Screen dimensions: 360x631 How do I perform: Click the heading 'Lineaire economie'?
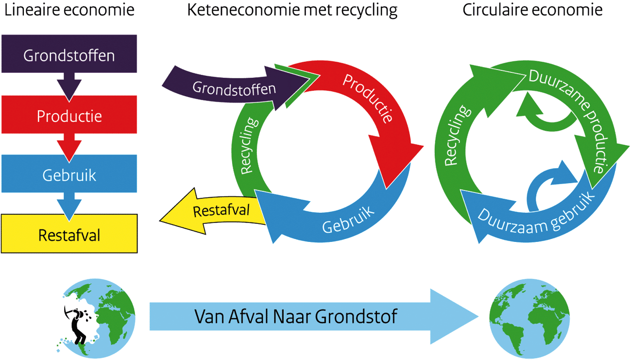(x=69, y=10)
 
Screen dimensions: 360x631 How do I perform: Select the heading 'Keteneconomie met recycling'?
(x=292, y=10)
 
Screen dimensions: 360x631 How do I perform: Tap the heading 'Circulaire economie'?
(x=532, y=10)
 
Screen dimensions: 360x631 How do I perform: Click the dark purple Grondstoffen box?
(x=69, y=55)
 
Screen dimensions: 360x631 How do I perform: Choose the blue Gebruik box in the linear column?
(x=69, y=175)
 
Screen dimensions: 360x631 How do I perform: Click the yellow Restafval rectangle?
(x=69, y=236)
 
